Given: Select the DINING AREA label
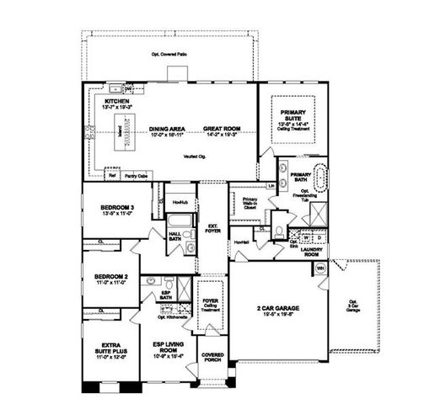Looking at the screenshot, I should (167, 129).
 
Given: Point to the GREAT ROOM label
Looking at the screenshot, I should (222, 129).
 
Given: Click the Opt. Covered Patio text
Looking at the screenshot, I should (168, 55).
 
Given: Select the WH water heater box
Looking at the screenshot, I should (320, 268).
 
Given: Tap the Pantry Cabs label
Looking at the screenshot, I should (136, 176).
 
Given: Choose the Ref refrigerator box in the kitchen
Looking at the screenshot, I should (111, 176).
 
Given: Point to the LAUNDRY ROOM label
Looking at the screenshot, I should (313, 251).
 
